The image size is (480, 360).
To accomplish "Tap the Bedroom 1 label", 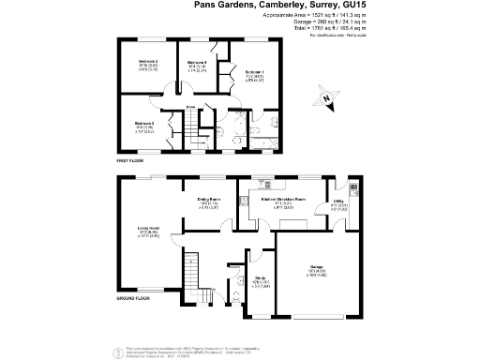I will tap(255, 72).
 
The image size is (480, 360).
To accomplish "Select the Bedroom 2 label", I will tap(147, 62).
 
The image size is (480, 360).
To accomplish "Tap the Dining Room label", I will tap(208, 200).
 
